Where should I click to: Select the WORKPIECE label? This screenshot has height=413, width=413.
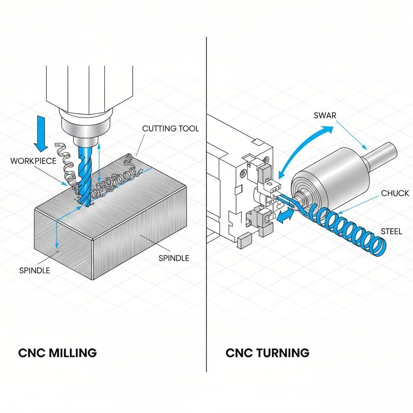tap(33, 161)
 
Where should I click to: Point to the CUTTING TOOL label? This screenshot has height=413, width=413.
tap(171, 129)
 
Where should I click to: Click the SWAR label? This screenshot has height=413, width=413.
tap(325, 115)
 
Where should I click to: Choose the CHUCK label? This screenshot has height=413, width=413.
tap(395, 193)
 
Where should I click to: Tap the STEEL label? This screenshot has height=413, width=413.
tap(391, 232)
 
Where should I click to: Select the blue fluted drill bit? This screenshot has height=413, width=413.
tap(86, 173)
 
